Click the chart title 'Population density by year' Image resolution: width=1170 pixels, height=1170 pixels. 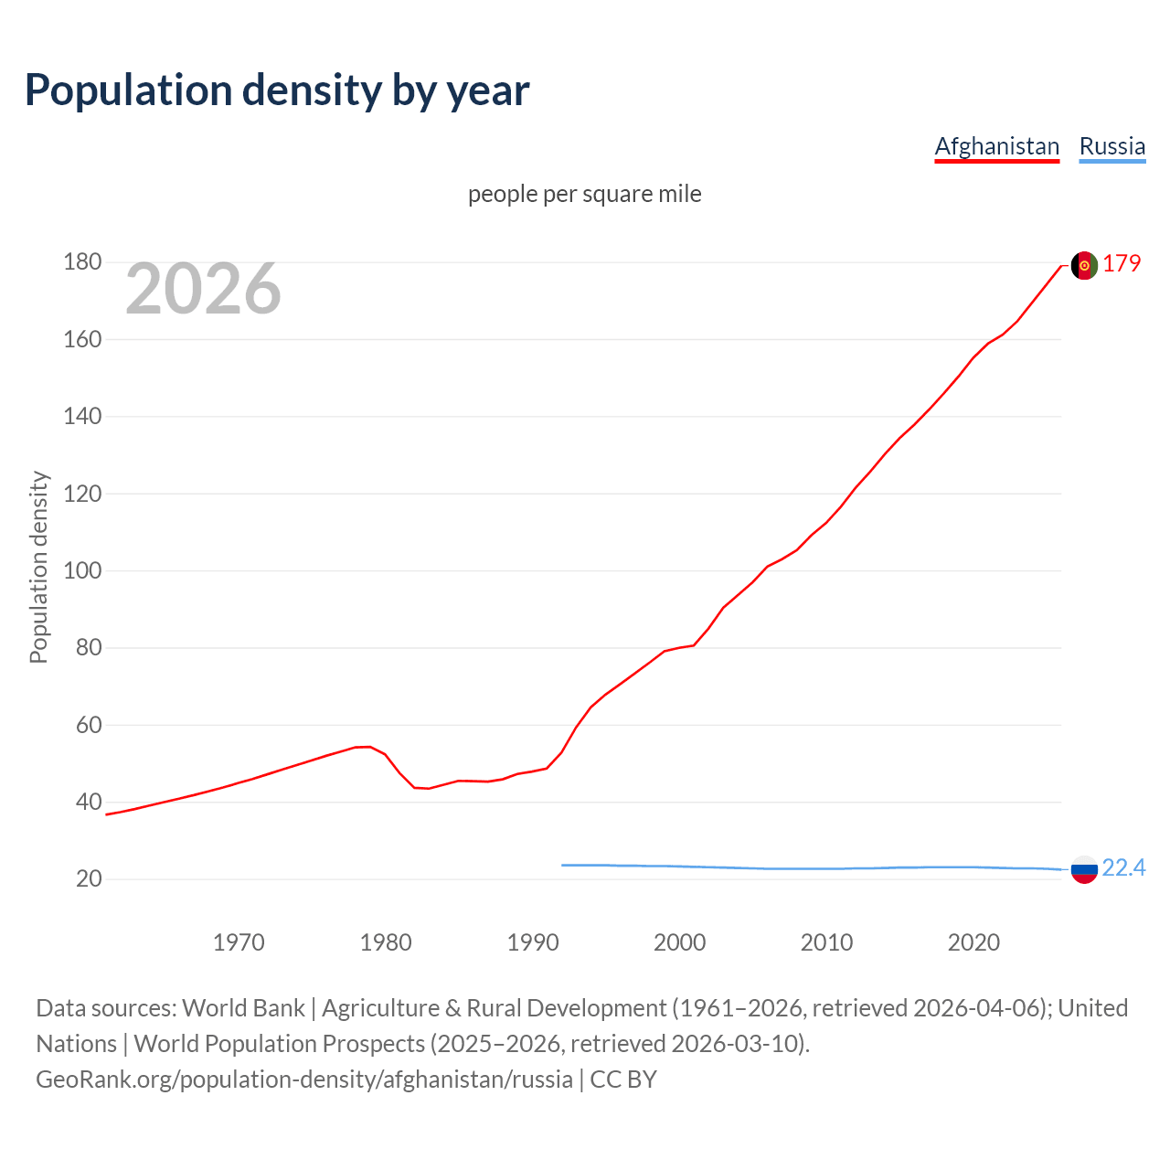(277, 90)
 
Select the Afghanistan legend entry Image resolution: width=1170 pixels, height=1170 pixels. (996, 146)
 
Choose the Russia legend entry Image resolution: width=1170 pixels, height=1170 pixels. (1111, 146)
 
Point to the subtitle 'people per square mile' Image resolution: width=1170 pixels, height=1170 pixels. (585, 194)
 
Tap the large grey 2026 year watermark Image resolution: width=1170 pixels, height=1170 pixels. (203, 289)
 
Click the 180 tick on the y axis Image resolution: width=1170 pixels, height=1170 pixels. (82, 262)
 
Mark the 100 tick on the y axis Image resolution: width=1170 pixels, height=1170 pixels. (82, 571)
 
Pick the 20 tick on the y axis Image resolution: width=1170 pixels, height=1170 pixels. (89, 879)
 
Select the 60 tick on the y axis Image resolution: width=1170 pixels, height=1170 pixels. (89, 726)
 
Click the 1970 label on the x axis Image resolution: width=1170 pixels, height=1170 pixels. (239, 942)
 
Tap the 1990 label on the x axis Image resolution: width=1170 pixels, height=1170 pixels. (533, 942)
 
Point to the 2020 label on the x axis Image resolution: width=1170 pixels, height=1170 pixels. (973, 942)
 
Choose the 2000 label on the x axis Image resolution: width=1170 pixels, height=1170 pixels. (679, 942)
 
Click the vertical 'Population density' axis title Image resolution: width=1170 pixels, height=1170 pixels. (38, 567)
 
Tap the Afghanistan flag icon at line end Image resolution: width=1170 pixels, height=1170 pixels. (1084, 265)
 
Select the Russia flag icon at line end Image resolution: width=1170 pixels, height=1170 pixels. (1084, 869)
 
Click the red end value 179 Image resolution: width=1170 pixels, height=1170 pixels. (1122, 263)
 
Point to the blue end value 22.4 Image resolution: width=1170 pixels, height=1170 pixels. (1123, 867)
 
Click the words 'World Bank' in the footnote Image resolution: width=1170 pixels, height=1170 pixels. (243, 1008)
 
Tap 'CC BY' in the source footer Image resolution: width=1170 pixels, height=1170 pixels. (623, 1080)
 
